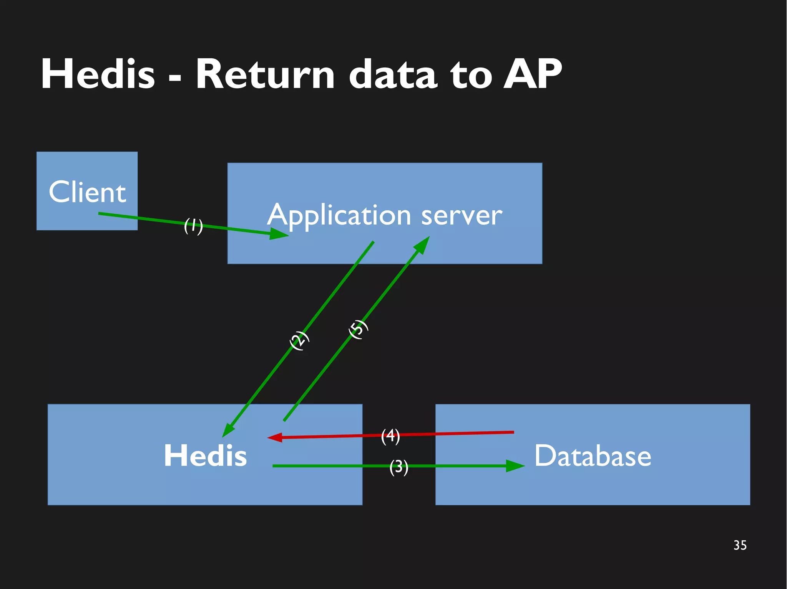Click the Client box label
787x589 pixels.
click(x=87, y=192)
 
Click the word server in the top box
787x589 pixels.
click(x=461, y=216)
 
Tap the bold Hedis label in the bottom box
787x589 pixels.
click(x=205, y=455)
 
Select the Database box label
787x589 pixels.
click(x=593, y=455)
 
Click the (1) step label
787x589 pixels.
click(x=193, y=226)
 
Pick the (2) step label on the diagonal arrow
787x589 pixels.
click(x=299, y=340)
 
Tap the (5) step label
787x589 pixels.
click(x=358, y=329)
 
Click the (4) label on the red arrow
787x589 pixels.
click(x=390, y=436)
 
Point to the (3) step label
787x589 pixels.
click(x=398, y=467)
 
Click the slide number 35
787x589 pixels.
click(x=740, y=545)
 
